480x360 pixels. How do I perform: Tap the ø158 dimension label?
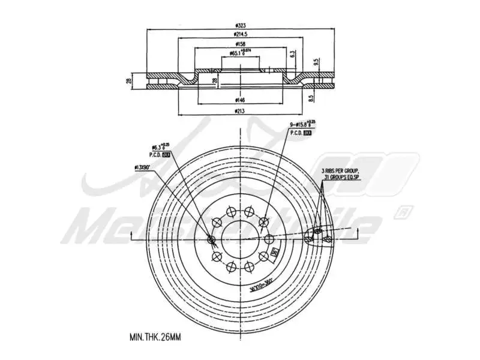point(239,44)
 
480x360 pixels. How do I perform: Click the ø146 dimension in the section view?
point(239,100)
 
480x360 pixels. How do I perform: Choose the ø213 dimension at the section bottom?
point(239,110)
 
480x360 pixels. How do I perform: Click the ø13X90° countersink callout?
point(139,169)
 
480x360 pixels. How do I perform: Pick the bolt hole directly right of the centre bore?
point(268,240)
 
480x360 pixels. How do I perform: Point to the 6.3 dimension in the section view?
point(292,54)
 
